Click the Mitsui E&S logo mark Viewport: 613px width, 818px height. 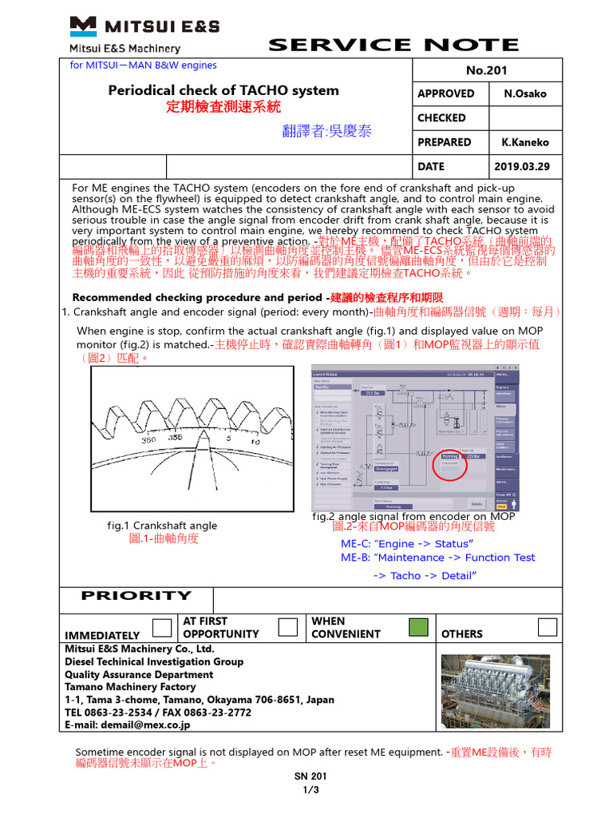pos(83,26)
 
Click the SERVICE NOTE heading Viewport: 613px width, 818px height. pos(394,45)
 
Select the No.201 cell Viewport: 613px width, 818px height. pos(487,70)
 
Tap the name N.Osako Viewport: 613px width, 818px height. pos(525,93)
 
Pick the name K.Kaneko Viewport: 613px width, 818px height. pos(525,142)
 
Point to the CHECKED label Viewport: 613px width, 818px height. pos(441,117)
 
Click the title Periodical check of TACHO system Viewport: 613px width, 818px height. pos(223,90)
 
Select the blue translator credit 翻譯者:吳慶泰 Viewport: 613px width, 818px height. pos(326,131)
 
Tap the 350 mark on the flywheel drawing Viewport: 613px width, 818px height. pos(148,439)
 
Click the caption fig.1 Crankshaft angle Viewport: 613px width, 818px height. pos(162,526)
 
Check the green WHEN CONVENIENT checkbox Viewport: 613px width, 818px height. pos(417,627)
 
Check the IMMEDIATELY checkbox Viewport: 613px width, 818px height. pos(162,628)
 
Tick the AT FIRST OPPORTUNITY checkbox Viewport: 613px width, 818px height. pos(287,627)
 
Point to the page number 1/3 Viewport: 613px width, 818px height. pos(310,791)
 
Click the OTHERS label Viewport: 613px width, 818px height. pos(461,634)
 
